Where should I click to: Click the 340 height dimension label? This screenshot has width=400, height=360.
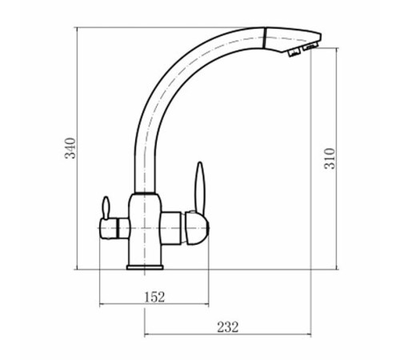[70, 148]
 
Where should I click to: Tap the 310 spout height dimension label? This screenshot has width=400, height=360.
[330, 158]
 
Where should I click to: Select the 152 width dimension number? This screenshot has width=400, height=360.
[154, 297]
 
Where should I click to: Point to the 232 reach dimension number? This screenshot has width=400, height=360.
[227, 327]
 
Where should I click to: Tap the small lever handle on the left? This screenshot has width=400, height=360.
[106, 208]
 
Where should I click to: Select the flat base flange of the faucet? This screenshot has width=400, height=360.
[145, 267]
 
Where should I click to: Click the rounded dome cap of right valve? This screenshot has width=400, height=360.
[197, 228]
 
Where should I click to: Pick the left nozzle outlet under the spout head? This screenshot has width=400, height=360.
[294, 53]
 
